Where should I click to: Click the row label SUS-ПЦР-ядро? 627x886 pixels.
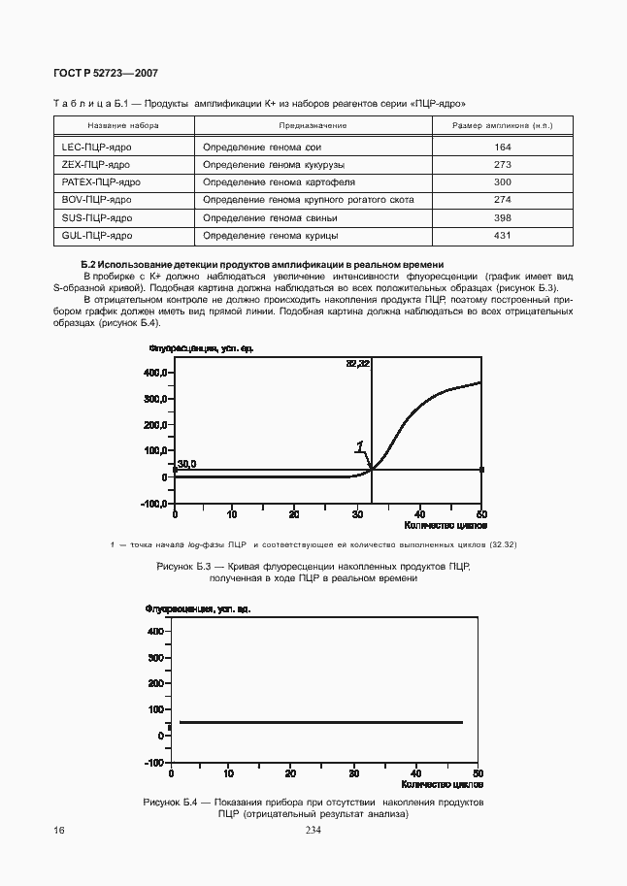point(97,217)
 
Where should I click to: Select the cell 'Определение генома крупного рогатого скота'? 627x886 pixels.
point(309,200)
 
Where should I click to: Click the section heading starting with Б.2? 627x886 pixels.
point(262,264)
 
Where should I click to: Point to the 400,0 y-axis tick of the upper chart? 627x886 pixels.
point(155,373)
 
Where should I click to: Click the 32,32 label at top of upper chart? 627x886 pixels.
point(358,363)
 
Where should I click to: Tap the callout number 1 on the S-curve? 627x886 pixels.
point(360,447)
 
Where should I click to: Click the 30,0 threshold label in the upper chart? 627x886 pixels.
point(186,465)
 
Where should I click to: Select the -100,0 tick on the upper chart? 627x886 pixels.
point(153,504)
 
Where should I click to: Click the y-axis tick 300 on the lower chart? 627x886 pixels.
point(156,657)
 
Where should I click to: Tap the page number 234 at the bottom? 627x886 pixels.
point(313,831)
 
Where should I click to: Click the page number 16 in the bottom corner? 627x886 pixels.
point(60,831)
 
